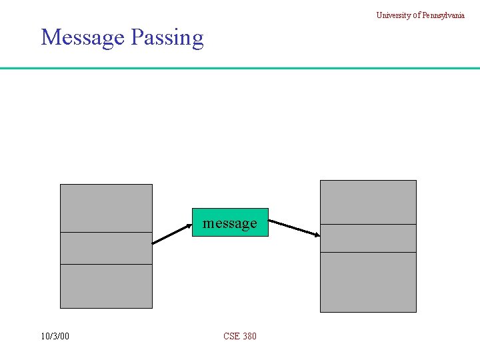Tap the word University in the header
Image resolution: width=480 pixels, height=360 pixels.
392,15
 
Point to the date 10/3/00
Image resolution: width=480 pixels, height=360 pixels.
55,336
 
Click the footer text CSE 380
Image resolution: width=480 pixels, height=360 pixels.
240,336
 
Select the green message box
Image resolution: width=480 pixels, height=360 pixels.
230,223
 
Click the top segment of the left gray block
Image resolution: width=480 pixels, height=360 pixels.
106,208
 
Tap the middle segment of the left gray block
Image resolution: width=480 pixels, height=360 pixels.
106,248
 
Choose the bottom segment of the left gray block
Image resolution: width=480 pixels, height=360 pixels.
106,286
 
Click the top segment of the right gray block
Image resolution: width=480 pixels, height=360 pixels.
368,202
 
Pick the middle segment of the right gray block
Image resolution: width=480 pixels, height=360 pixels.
368,238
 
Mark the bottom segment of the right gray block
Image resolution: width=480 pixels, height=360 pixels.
368,282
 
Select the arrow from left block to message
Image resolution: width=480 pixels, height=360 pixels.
172,234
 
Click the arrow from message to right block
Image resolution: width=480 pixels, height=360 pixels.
294,227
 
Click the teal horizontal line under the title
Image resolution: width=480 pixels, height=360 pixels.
240,68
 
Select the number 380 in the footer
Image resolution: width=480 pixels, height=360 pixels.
249,336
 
